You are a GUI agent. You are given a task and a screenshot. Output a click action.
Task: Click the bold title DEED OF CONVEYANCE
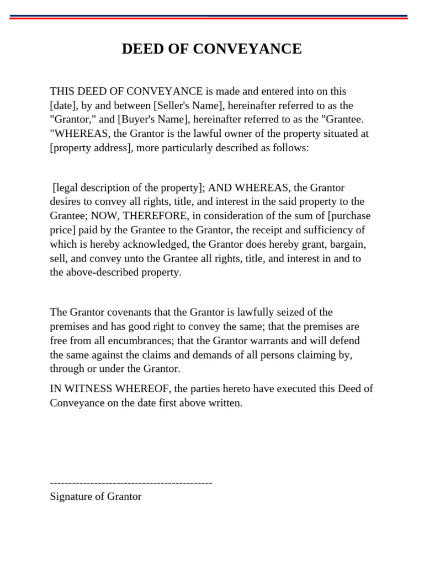(211, 49)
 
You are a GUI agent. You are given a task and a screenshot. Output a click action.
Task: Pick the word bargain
(346, 244)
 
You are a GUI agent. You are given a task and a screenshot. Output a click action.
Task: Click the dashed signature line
(131, 483)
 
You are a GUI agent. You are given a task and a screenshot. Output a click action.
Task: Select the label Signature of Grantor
(96, 497)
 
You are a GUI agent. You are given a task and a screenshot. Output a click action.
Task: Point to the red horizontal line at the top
(209, 18)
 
